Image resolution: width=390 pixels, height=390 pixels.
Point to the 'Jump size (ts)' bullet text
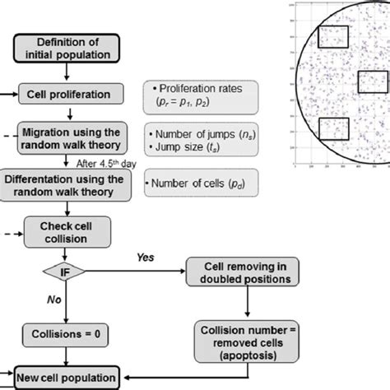(x=184, y=146)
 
